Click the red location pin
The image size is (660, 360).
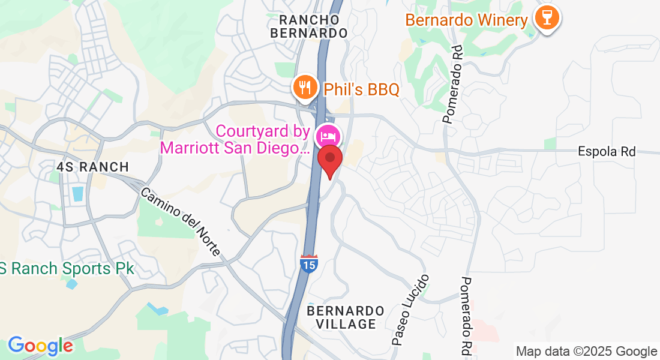(329, 160)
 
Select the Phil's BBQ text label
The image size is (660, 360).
(361, 90)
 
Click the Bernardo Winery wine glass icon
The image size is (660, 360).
(547, 18)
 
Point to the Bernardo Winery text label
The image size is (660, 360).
(466, 20)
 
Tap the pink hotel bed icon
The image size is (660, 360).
(328, 136)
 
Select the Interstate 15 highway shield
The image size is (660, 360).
(309, 263)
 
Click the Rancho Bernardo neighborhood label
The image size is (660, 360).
(309, 26)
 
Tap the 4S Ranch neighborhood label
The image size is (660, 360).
(93, 167)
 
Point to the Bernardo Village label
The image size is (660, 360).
(346, 317)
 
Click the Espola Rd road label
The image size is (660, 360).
(607, 152)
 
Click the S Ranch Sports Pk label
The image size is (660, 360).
(67, 268)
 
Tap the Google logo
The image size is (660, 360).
(40, 346)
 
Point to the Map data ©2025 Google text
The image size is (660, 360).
(587, 352)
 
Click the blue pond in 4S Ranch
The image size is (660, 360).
(77, 194)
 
